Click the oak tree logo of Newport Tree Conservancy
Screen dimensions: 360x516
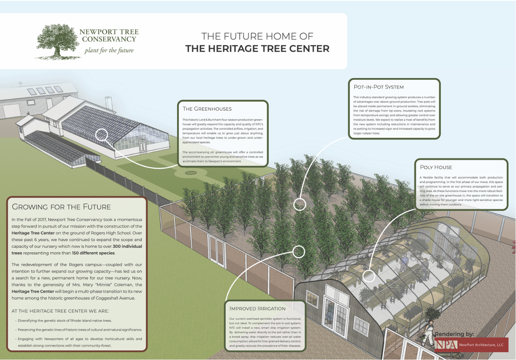click(57, 42)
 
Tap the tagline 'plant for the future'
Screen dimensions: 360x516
click(109, 50)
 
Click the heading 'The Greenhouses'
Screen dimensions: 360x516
click(207, 109)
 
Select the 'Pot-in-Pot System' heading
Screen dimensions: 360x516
click(378, 87)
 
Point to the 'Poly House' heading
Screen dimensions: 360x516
click(436, 167)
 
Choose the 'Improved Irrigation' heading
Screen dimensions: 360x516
click(257, 308)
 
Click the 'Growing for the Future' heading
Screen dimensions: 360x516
click(61, 207)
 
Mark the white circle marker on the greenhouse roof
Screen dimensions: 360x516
click(101, 135)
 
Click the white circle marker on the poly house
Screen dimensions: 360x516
click(369, 276)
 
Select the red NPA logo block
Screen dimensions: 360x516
click(447, 345)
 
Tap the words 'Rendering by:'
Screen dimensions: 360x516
click(454, 334)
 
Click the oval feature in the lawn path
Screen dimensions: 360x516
click(191, 173)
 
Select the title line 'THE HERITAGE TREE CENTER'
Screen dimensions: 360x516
click(257, 49)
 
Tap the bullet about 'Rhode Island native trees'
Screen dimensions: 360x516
click(65, 321)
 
